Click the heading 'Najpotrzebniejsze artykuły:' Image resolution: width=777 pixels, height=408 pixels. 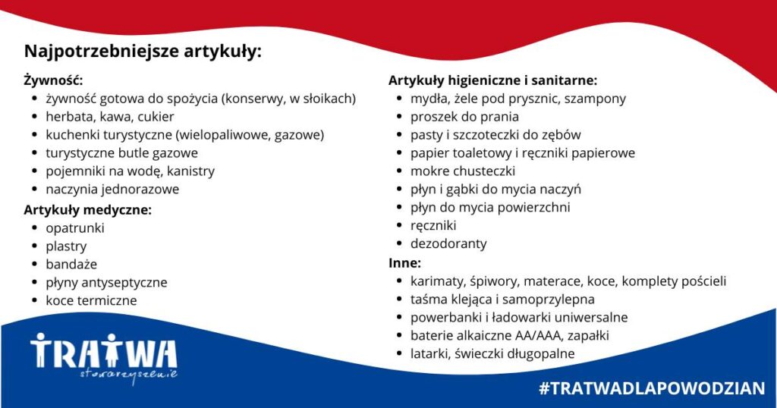(143, 52)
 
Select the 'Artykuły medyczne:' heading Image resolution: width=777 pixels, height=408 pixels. (88, 210)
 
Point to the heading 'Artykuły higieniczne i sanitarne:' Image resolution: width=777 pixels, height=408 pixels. (492, 80)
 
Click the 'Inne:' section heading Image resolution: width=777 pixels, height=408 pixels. (404, 262)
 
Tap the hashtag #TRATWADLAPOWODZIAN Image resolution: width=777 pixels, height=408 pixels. (652, 388)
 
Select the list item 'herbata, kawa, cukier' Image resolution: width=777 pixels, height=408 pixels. (110, 117)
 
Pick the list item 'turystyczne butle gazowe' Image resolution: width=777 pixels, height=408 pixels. (122, 153)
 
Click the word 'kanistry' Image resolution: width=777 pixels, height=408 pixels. (190, 171)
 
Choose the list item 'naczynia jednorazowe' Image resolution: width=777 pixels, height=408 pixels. (112, 189)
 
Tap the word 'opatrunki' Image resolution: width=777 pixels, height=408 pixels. (75, 228)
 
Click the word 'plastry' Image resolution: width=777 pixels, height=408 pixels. (67, 246)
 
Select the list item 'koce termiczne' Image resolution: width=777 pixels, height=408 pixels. (91, 300)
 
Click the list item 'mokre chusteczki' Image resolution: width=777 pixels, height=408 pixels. (463, 171)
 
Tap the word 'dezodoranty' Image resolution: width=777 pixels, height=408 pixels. (448, 243)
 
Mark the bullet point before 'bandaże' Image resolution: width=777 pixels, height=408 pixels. (34, 265)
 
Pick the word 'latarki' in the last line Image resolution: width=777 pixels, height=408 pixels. (429, 353)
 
